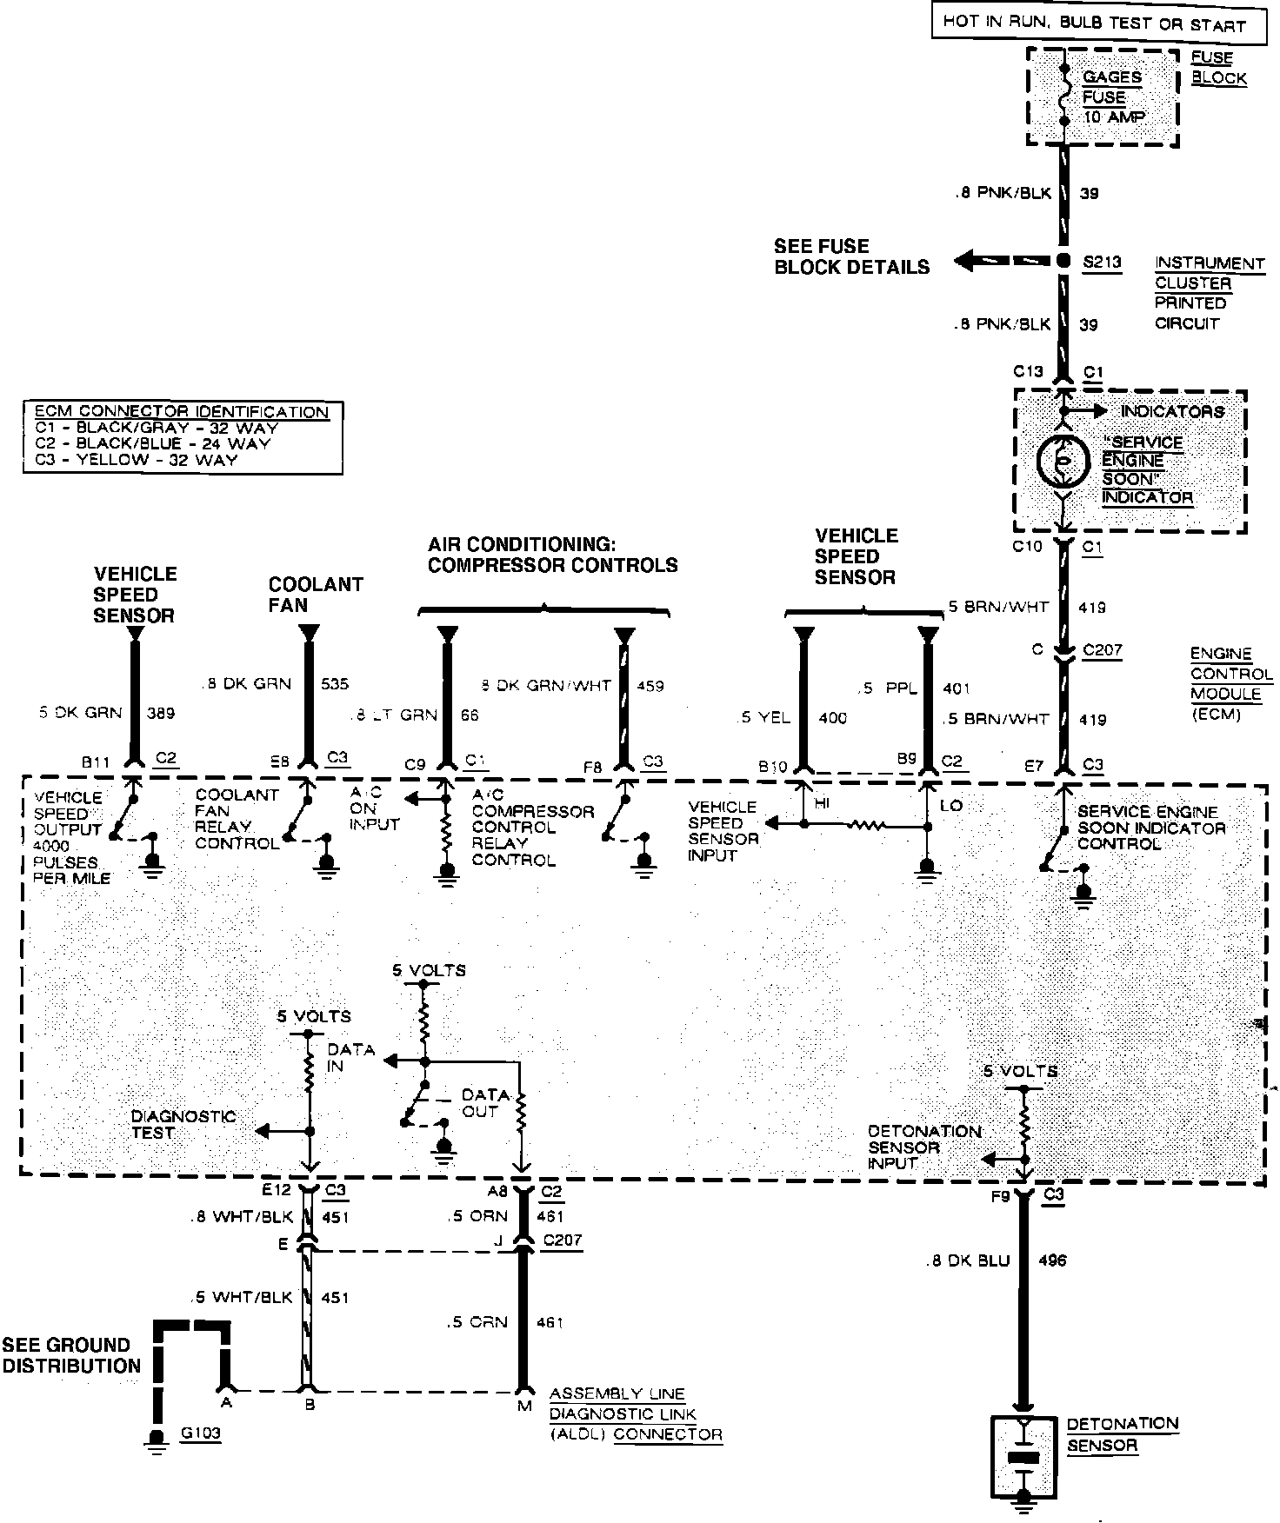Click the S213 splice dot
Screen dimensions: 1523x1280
[1063, 261]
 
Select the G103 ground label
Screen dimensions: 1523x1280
[201, 1433]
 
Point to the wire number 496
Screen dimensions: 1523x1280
[1052, 1260]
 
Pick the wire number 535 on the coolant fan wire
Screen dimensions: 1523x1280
[335, 683]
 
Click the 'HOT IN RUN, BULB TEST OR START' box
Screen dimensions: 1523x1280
[1094, 23]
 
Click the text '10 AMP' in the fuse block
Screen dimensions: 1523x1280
[1114, 116]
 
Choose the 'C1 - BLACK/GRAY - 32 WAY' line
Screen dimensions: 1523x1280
[157, 428]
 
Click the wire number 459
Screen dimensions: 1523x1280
[650, 685]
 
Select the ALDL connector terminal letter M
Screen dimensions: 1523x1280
[524, 1406]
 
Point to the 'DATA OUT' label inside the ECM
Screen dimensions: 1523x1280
[481, 1102]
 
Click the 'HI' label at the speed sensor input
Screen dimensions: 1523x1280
[822, 804]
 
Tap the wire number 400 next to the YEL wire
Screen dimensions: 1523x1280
[832, 718]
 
